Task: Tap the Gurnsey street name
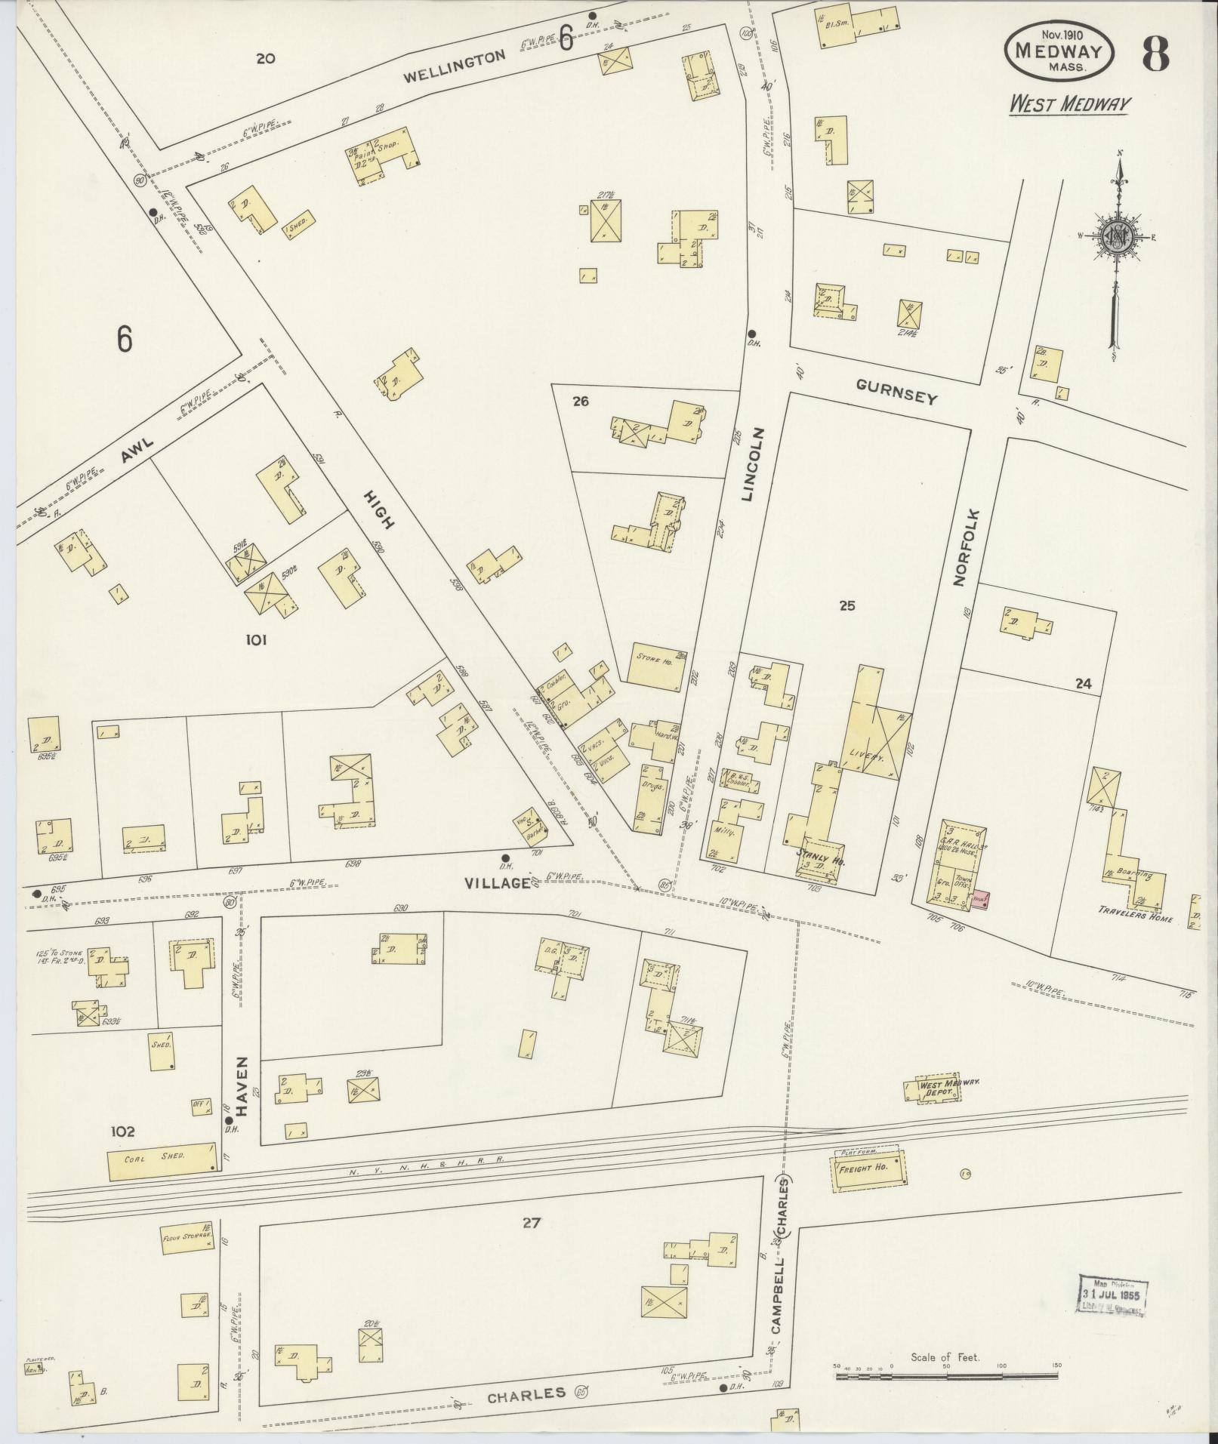896,392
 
